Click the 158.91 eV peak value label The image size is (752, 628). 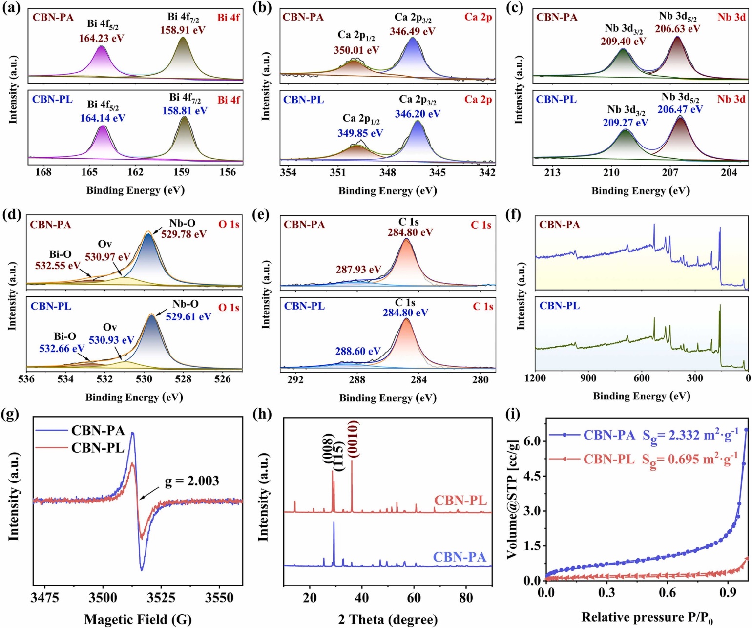click(183, 30)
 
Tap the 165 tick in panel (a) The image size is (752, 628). click(89, 172)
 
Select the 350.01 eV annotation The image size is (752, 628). click(356, 50)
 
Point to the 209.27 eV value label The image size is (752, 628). click(626, 123)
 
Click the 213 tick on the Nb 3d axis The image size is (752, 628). click(552, 172)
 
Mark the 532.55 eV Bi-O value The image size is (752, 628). click(58, 266)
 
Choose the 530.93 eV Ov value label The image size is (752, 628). click(111, 340)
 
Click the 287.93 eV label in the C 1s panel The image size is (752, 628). click(358, 270)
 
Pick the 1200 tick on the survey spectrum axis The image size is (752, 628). click(535, 378)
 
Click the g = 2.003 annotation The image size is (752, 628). click(192, 481)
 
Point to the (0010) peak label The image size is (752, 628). click(354, 439)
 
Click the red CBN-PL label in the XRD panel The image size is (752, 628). click(460, 501)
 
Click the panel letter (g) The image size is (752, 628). click(12, 415)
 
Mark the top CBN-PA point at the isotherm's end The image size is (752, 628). click(746, 429)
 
